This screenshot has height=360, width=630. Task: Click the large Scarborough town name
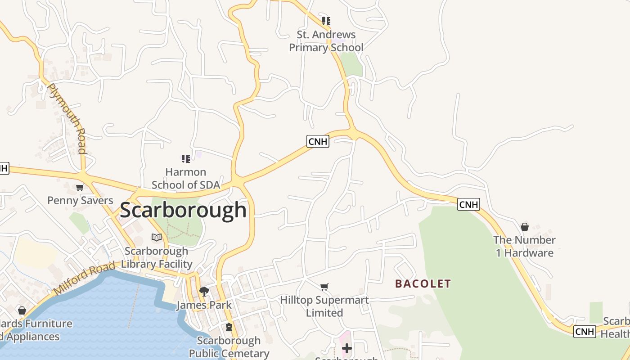tap(183, 210)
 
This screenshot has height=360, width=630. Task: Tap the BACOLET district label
tap(423, 283)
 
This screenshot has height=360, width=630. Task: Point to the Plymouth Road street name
tap(67, 118)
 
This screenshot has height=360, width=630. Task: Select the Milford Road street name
tap(85, 279)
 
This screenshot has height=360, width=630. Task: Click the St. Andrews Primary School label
tap(326, 41)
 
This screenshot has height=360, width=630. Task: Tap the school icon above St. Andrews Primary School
tap(326, 21)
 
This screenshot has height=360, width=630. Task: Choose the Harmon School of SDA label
tap(186, 178)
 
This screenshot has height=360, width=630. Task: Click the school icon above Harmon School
tap(186, 158)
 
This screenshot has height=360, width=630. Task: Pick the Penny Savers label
tap(80, 200)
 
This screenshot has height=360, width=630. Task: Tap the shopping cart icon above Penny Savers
tap(80, 187)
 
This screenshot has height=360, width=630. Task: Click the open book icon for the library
tap(157, 237)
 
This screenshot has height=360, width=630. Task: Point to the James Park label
tap(204, 305)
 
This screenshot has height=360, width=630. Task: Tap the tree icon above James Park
tap(204, 291)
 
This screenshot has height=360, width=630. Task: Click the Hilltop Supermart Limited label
tap(324, 306)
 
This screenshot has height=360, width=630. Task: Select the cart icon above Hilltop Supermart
tap(324, 287)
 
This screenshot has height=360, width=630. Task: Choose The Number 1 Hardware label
tap(524, 246)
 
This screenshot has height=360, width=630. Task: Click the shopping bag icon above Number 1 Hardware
tap(524, 227)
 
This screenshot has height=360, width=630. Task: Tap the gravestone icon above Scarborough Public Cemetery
tap(229, 327)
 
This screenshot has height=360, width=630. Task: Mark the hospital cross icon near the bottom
tap(346, 348)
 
